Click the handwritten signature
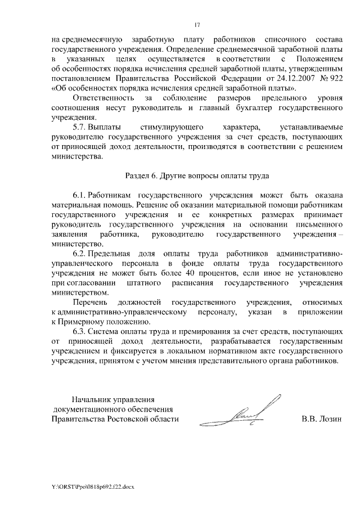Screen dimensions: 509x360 [251, 413]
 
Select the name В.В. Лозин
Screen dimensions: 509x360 [321, 419]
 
